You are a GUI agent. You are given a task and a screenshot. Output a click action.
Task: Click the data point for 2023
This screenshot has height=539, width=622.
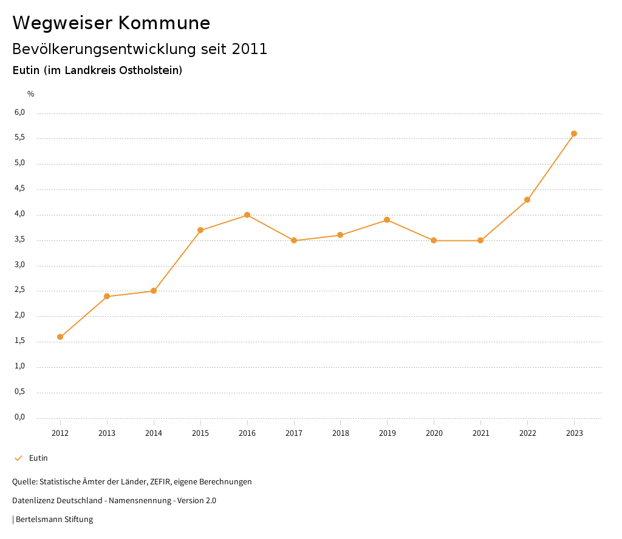click(574, 134)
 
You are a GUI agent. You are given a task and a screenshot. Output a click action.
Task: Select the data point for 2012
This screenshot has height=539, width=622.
click(60, 337)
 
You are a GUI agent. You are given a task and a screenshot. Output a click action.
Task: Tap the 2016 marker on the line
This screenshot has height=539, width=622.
click(247, 215)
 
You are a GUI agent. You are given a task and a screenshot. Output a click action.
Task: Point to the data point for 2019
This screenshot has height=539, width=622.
click(387, 220)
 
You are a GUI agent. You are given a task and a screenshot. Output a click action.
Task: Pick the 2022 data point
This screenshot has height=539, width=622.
click(527, 200)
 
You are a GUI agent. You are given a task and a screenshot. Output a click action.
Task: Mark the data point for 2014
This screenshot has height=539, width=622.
click(154, 291)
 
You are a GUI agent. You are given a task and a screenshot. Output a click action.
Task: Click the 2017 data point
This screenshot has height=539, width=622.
click(294, 240)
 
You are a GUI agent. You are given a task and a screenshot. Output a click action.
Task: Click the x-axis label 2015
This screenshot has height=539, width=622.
click(200, 433)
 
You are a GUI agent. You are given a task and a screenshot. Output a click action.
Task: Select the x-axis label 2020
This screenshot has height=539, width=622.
click(434, 433)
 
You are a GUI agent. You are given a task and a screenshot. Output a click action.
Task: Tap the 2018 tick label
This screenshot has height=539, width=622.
click(340, 433)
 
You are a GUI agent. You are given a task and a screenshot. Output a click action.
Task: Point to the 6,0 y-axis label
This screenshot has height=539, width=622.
click(20, 112)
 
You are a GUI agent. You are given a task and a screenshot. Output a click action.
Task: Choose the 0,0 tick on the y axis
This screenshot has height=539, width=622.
click(20, 417)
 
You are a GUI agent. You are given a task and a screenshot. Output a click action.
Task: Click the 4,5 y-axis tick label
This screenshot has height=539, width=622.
click(20, 188)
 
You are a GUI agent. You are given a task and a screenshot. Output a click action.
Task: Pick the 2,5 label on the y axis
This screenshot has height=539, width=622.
click(20, 290)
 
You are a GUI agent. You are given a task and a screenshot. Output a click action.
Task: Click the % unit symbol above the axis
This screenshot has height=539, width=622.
click(31, 94)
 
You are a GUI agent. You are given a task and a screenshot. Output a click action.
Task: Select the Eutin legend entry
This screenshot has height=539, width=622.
click(38, 458)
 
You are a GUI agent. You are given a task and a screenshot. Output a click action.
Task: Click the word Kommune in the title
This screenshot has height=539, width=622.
click(164, 23)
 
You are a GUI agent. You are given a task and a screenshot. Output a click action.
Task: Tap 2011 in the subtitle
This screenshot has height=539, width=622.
click(250, 49)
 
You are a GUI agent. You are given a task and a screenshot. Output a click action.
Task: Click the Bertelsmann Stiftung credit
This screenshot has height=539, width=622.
click(54, 520)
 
